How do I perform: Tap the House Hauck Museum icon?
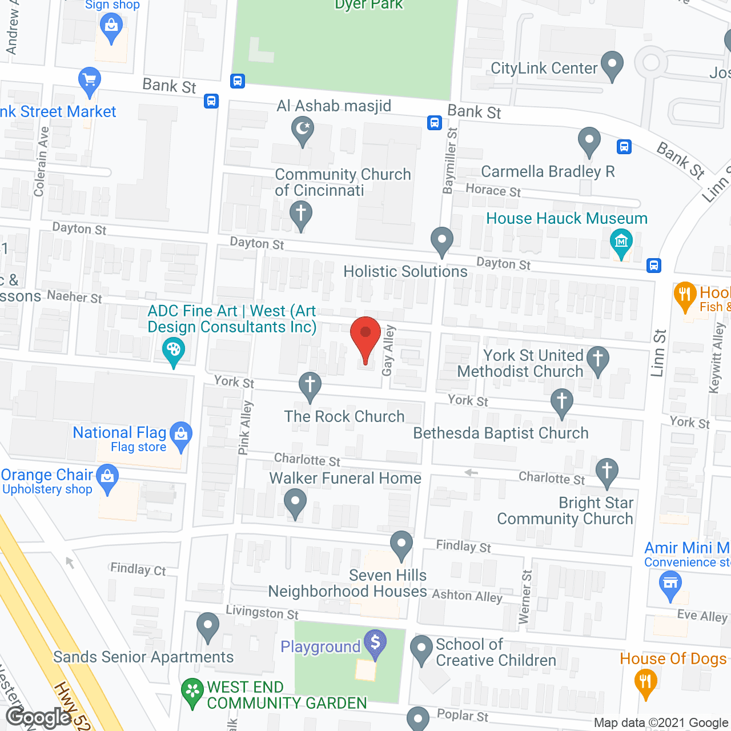point(621,242)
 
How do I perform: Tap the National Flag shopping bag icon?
point(181,435)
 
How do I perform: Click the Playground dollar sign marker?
point(375,643)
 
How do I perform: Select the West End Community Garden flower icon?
point(192,692)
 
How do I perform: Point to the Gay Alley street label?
point(388,351)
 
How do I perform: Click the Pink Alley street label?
point(246,428)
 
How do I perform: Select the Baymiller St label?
point(451,160)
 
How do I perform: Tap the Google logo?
point(38,717)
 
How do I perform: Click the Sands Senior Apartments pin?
point(207,626)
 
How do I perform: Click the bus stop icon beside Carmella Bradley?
point(624,147)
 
